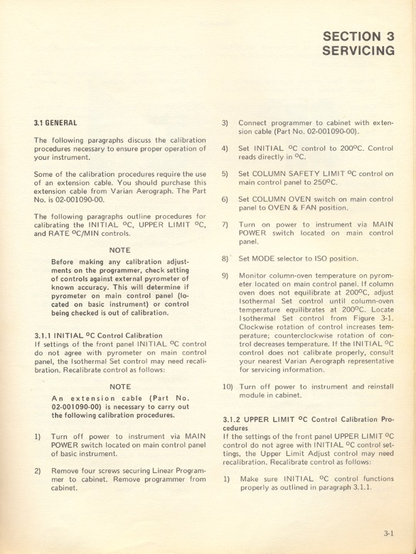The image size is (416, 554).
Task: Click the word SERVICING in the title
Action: click(x=358, y=51)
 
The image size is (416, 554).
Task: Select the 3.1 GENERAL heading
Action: click(x=55, y=123)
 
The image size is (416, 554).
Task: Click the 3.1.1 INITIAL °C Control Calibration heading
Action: click(x=98, y=335)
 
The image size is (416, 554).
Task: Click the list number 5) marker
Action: click(x=225, y=173)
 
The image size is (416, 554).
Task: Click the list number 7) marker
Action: click(x=225, y=224)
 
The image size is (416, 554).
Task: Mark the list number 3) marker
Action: click(x=225, y=123)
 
